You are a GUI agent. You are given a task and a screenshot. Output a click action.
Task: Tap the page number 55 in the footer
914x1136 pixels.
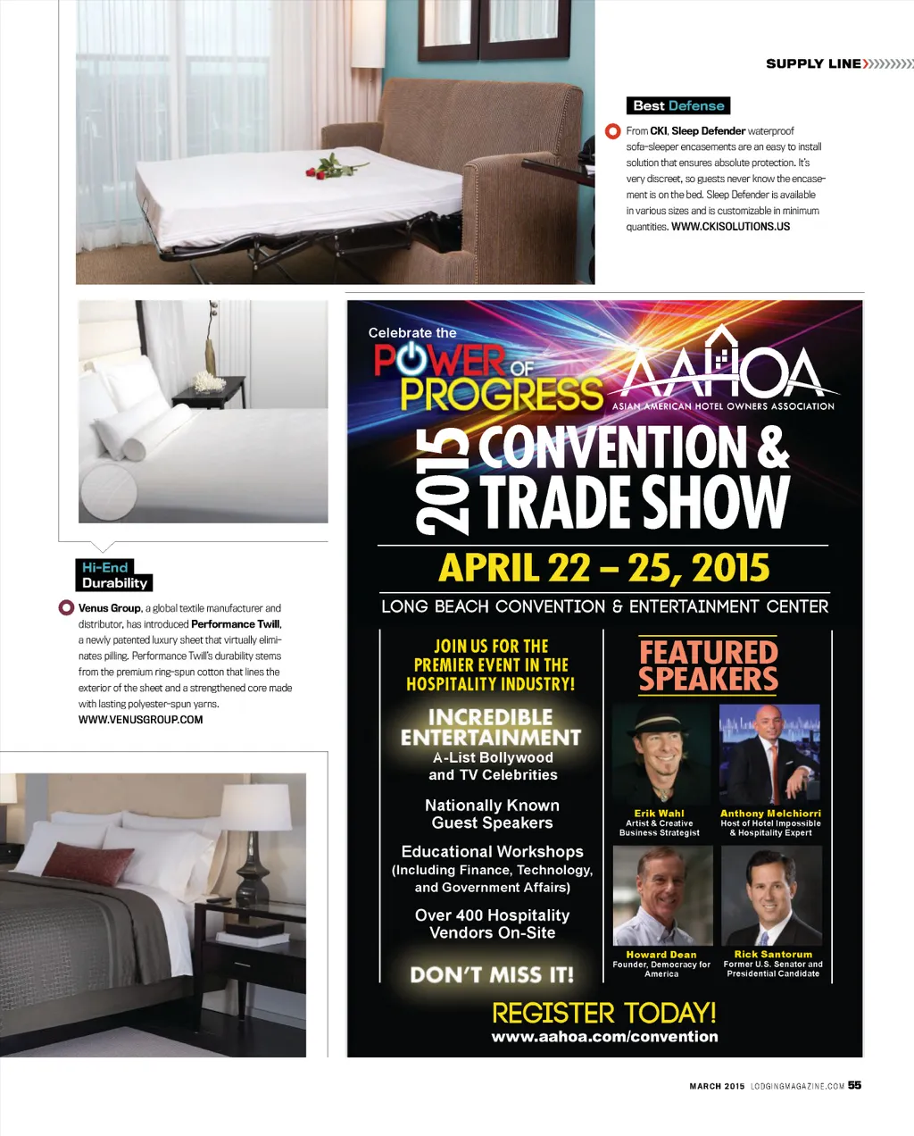click(854, 1085)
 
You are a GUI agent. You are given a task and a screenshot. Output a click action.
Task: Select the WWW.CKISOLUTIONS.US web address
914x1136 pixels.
click(730, 227)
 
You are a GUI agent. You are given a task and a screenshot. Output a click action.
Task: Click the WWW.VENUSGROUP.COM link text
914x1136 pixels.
click(140, 720)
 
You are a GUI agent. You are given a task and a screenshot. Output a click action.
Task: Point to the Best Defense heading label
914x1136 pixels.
click(678, 105)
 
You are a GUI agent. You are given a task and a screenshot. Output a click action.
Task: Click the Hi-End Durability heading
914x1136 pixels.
click(113, 575)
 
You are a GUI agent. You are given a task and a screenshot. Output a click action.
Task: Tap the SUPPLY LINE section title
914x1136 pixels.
click(813, 63)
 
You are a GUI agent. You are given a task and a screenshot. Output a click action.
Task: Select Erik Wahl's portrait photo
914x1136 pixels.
click(661, 756)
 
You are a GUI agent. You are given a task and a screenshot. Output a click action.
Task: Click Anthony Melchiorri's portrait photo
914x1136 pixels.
click(769, 756)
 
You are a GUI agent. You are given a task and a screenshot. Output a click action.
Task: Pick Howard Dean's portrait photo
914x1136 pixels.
click(662, 896)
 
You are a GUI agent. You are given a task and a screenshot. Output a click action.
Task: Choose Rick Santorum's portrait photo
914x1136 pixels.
click(771, 896)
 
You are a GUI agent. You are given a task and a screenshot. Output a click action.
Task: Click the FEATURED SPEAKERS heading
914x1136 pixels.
click(709, 665)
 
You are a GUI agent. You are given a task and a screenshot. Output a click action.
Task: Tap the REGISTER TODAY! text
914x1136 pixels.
click(604, 1013)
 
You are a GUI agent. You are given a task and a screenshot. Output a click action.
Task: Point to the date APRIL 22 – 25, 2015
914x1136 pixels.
click(604, 568)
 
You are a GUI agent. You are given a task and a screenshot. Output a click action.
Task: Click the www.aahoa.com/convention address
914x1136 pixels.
click(604, 1037)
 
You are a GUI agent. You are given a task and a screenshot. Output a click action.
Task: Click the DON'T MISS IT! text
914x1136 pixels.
click(492, 974)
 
